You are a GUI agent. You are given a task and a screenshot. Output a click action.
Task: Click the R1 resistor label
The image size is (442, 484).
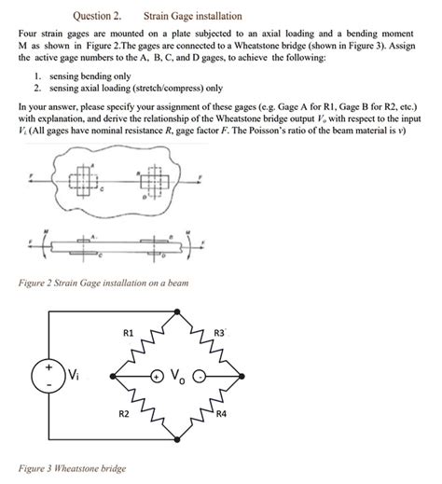[129, 333]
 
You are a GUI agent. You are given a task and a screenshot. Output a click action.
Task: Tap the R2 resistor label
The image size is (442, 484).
[123, 412]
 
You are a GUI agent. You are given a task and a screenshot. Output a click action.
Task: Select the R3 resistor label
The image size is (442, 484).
[220, 333]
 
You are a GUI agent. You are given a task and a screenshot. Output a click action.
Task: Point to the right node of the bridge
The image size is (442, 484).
[232, 374]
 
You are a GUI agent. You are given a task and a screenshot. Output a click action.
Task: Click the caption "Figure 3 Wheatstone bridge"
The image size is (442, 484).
[74, 468]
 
